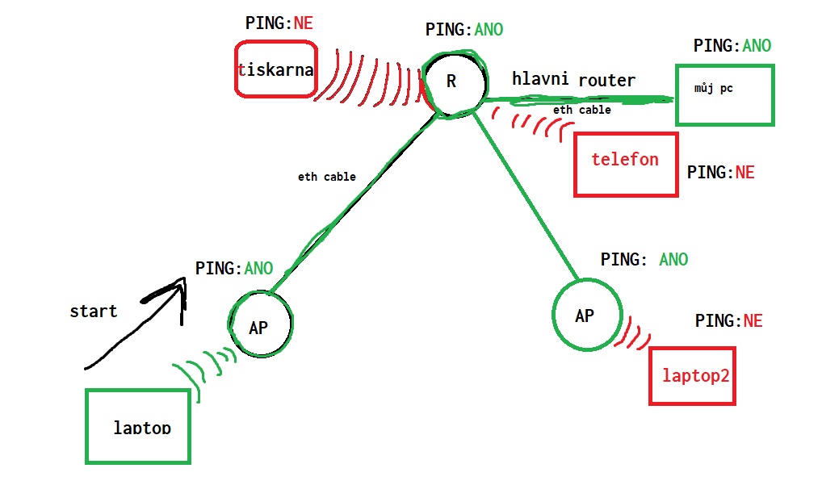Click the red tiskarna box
click(x=275, y=69)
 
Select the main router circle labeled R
click(x=453, y=82)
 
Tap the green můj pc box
click(x=724, y=95)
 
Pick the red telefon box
click(x=625, y=165)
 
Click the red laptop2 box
click(x=692, y=375)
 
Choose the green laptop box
click(x=138, y=426)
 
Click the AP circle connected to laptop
click(x=259, y=325)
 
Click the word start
click(x=94, y=311)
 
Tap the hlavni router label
click(x=573, y=79)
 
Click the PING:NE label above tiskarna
click(x=279, y=23)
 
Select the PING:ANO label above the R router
click(x=464, y=30)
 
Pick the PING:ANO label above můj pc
click(x=732, y=46)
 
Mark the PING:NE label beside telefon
click(x=720, y=173)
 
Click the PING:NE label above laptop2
click(x=728, y=321)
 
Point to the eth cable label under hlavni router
click(x=581, y=110)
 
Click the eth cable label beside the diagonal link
click(x=327, y=177)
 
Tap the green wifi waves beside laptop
click(x=202, y=367)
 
